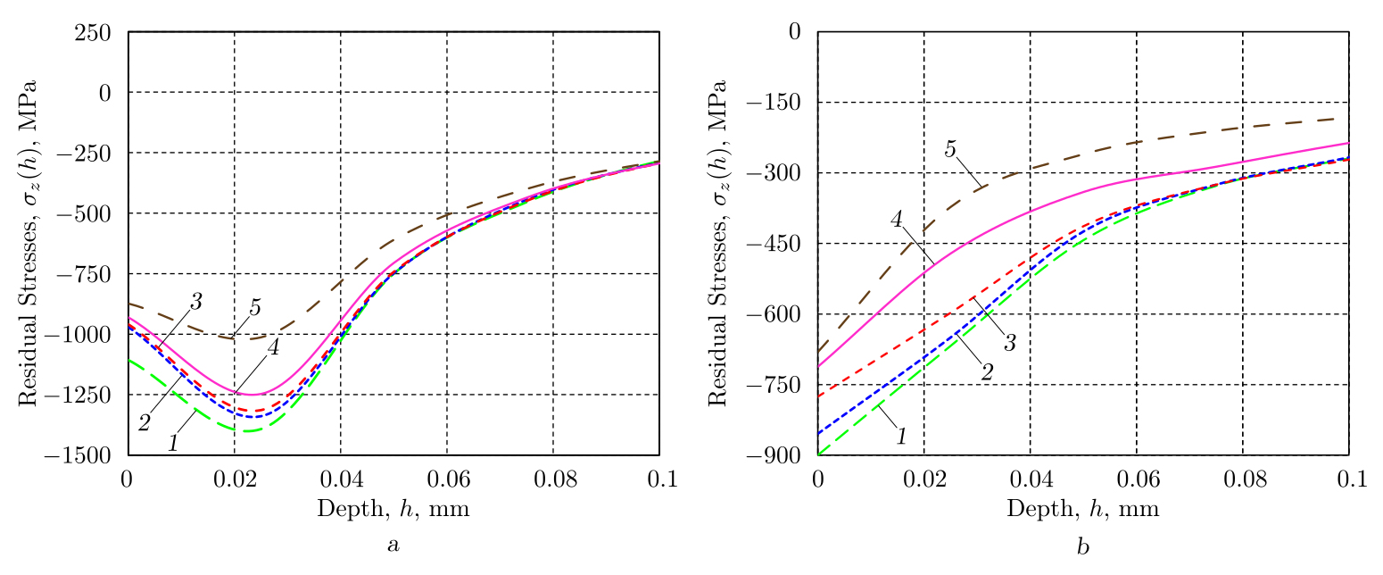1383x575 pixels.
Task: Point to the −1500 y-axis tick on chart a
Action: click(89, 455)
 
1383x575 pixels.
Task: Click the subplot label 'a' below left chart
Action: click(393, 545)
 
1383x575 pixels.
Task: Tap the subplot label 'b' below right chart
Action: click(1082, 545)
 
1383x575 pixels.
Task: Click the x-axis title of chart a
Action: click(393, 509)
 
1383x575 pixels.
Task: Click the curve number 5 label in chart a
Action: click(255, 308)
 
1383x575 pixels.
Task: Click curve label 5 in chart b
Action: click(950, 149)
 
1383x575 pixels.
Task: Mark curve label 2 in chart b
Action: click(987, 371)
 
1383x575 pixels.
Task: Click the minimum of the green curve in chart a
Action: click(243, 431)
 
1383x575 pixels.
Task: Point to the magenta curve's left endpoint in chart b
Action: click(818, 366)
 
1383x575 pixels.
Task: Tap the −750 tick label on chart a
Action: click(93, 273)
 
